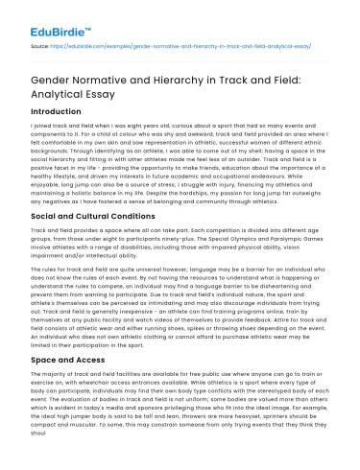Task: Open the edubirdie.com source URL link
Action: coord(192,45)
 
